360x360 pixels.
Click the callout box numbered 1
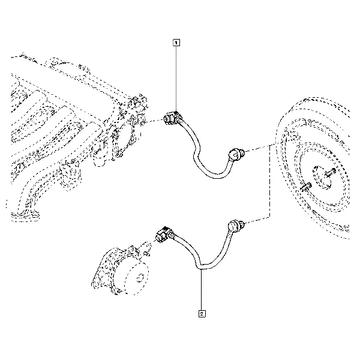pos(176,43)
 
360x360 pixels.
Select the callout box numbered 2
pos(202,314)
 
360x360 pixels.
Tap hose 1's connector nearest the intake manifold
pos(172,118)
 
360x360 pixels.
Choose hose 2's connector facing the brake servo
pos(236,225)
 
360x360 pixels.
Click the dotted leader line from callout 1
pos(176,79)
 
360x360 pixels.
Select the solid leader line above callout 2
pos(202,290)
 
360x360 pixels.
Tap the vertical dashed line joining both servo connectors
pos(269,181)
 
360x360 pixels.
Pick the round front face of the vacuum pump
pos(136,278)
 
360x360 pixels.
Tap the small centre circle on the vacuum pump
pos(139,279)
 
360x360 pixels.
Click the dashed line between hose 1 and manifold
pos(154,121)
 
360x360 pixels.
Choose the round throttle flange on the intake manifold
pos(122,143)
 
